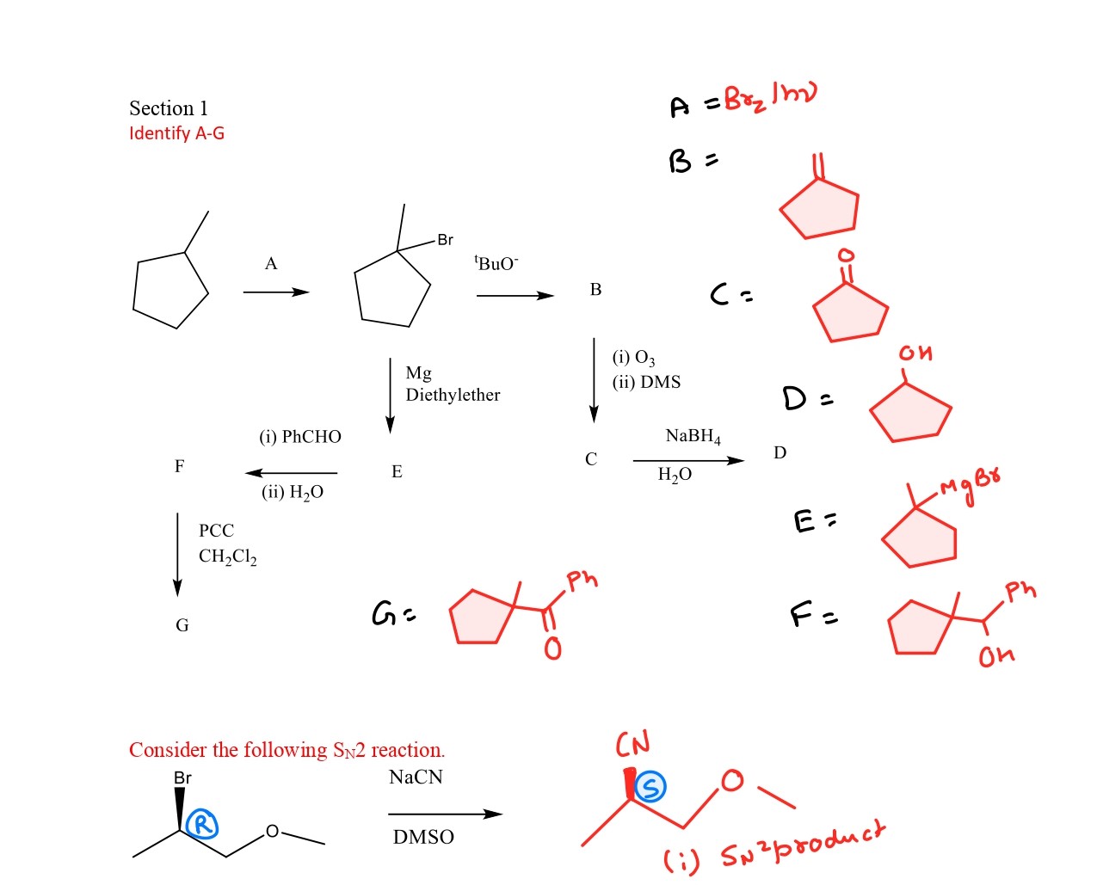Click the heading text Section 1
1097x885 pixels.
click(x=169, y=108)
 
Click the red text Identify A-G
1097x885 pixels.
click(x=176, y=133)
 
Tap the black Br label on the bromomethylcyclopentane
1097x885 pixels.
click(x=445, y=240)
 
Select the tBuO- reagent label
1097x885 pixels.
click(x=496, y=262)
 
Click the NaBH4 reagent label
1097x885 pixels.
click(x=693, y=436)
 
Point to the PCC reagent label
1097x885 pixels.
click(x=216, y=531)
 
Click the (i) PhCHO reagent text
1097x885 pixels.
click(x=300, y=437)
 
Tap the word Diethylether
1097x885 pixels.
click(x=453, y=395)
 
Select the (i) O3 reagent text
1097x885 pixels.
click(x=633, y=357)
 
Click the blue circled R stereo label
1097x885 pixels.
click(x=202, y=825)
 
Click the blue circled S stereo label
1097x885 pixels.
click(x=651, y=786)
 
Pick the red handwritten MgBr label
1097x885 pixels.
click(x=970, y=485)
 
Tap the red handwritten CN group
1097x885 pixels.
click(x=632, y=744)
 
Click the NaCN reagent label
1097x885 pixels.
click(x=416, y=777)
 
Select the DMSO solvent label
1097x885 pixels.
click(x=423, y=837)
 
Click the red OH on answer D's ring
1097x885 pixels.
click(x=915, y=353)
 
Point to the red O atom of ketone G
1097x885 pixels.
click(x=552, y=648)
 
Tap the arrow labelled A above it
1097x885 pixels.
click(x=275, y=292)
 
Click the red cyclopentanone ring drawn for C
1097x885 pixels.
click(x=850, y=313)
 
